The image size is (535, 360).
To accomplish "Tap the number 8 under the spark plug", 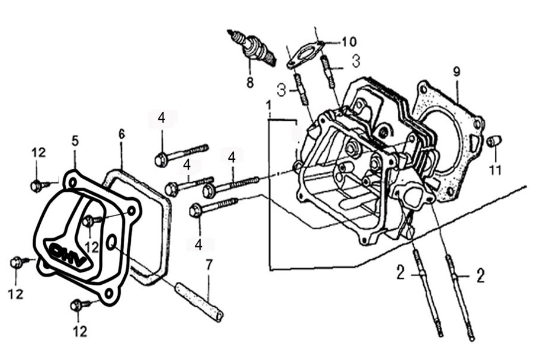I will tap(250, 83).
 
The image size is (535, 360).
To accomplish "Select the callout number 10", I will tap(349, 42).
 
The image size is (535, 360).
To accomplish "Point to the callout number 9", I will tap(456, 72).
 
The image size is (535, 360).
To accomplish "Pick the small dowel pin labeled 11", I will tap(494, 141).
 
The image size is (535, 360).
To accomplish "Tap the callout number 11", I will tap(495, 170).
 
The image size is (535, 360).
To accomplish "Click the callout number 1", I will tap(269, 107).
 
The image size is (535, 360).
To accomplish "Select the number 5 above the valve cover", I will tap(75, 141).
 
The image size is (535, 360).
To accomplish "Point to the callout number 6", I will tap(121, 134).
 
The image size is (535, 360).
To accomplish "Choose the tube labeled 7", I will tap(199, 302).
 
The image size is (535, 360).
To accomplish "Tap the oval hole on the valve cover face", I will tap(111, 242).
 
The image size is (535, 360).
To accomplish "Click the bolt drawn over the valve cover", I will tap(89, 221).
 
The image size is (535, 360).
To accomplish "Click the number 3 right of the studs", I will tap(356, 60).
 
